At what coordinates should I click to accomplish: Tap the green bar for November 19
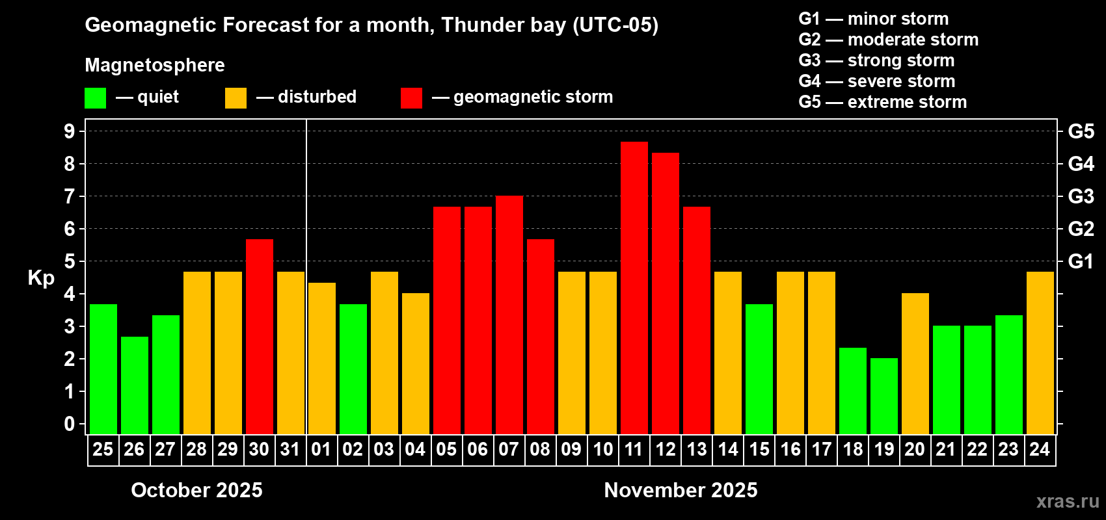click(x=883, y=396)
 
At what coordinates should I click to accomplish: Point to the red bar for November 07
click(x=509, y=315)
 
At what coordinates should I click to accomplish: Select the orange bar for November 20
click(x=915, y=363)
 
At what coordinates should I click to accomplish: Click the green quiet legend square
click(x=95, y=98)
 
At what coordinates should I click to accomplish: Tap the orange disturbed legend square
click(x=236, y=98)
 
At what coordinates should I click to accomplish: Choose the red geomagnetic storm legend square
click(x=411, y=98)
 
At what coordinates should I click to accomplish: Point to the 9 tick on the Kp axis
click(x=70, y=131)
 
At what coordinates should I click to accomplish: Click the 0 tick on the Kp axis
click(x=70, y=424)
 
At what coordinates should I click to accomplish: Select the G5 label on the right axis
click(x=1081, y=131)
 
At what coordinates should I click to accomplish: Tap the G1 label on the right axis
click(x=1081, y=261)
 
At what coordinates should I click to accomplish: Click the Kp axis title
click(x=41, y=278)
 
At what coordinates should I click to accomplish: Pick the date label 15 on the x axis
click(x=759, y=449)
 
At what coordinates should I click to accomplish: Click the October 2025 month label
click(x=196, y=490)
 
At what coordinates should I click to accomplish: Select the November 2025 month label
click(x=681, y=490)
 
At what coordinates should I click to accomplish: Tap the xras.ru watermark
click(x=1068, y=501)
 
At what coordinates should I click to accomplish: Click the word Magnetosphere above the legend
click(x=155, y=65)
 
